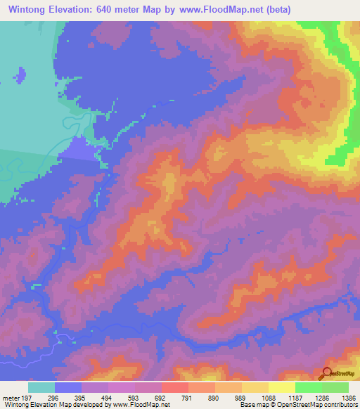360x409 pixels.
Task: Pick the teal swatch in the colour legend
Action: click(x=41, y=387)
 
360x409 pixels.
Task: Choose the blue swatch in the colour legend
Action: click(x=68, y=387)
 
